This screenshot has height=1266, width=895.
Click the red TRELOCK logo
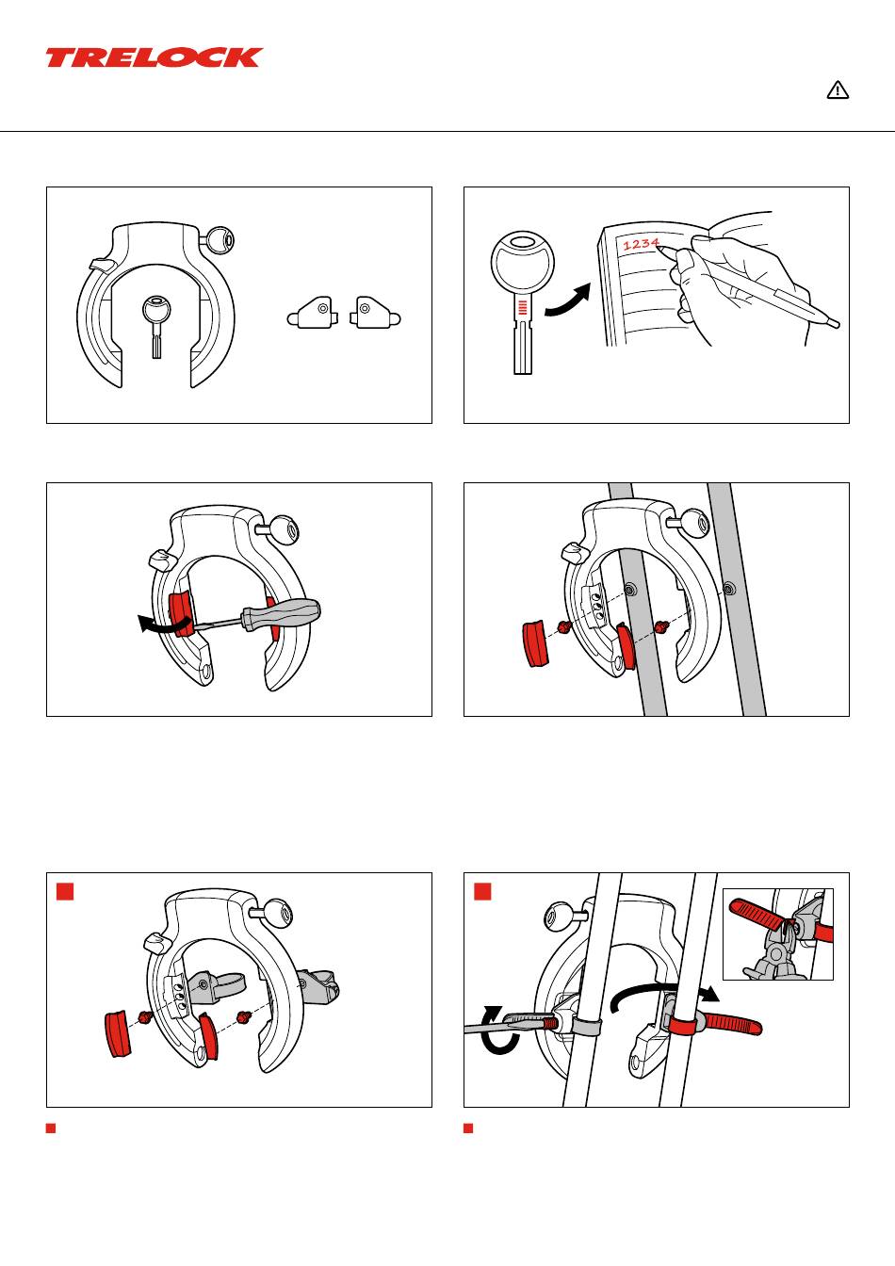pos(155,57)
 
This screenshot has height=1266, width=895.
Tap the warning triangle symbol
pos(838,89)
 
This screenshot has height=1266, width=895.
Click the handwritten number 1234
pos(642,244)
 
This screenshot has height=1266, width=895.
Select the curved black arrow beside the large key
pos(568,300)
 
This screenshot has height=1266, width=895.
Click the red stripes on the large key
pos(523,307)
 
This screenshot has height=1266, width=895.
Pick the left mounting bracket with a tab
pos(313,313)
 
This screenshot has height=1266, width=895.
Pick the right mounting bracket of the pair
pos(375,313)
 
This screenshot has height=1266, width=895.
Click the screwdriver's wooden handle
pos(281,613)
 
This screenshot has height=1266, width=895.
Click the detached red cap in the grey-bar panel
pos(535,643)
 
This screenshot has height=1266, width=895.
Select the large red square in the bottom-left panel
pos(65,891)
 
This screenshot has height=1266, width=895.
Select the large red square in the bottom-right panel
pos(482,891)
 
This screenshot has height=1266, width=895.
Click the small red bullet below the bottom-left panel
pos(50,1128)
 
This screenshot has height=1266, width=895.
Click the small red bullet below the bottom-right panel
pos(467,1128)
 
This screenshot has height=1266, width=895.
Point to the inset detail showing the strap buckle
pos(778,934)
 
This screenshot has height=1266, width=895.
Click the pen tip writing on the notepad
pos(661,247)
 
